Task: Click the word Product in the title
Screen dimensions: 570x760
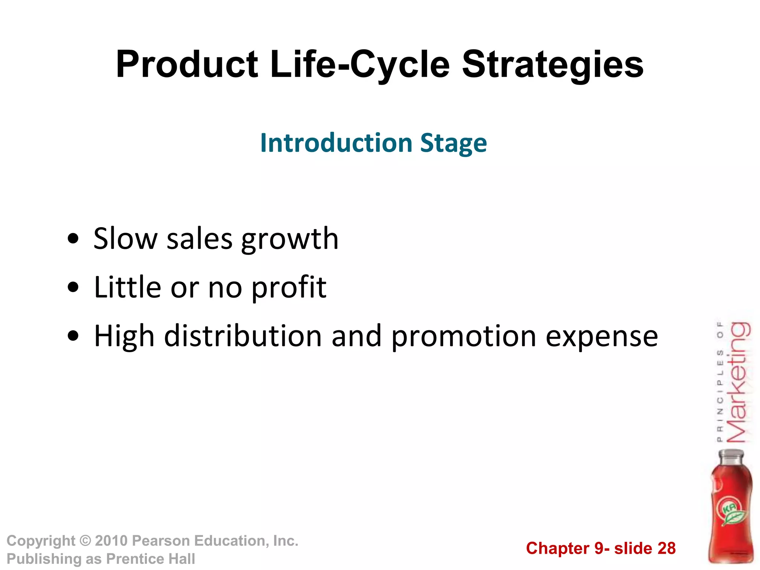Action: click(187, 65)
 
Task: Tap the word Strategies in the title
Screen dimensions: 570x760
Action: click(553, 65)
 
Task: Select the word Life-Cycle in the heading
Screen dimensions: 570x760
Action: click(360, 65)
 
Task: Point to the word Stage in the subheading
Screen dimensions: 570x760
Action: click(453, 144)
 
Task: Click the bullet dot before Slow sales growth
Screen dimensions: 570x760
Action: click(73, 239)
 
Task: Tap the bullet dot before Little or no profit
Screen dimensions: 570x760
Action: click(73, 287)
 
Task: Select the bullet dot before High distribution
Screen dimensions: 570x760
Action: click(73, 336)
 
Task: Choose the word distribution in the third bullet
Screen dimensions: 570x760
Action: click(243, 336)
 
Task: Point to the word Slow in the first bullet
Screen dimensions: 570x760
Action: click(125, 239)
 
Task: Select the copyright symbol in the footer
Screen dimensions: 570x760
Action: click(85, 541)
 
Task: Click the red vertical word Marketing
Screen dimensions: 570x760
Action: click(738, 382)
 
